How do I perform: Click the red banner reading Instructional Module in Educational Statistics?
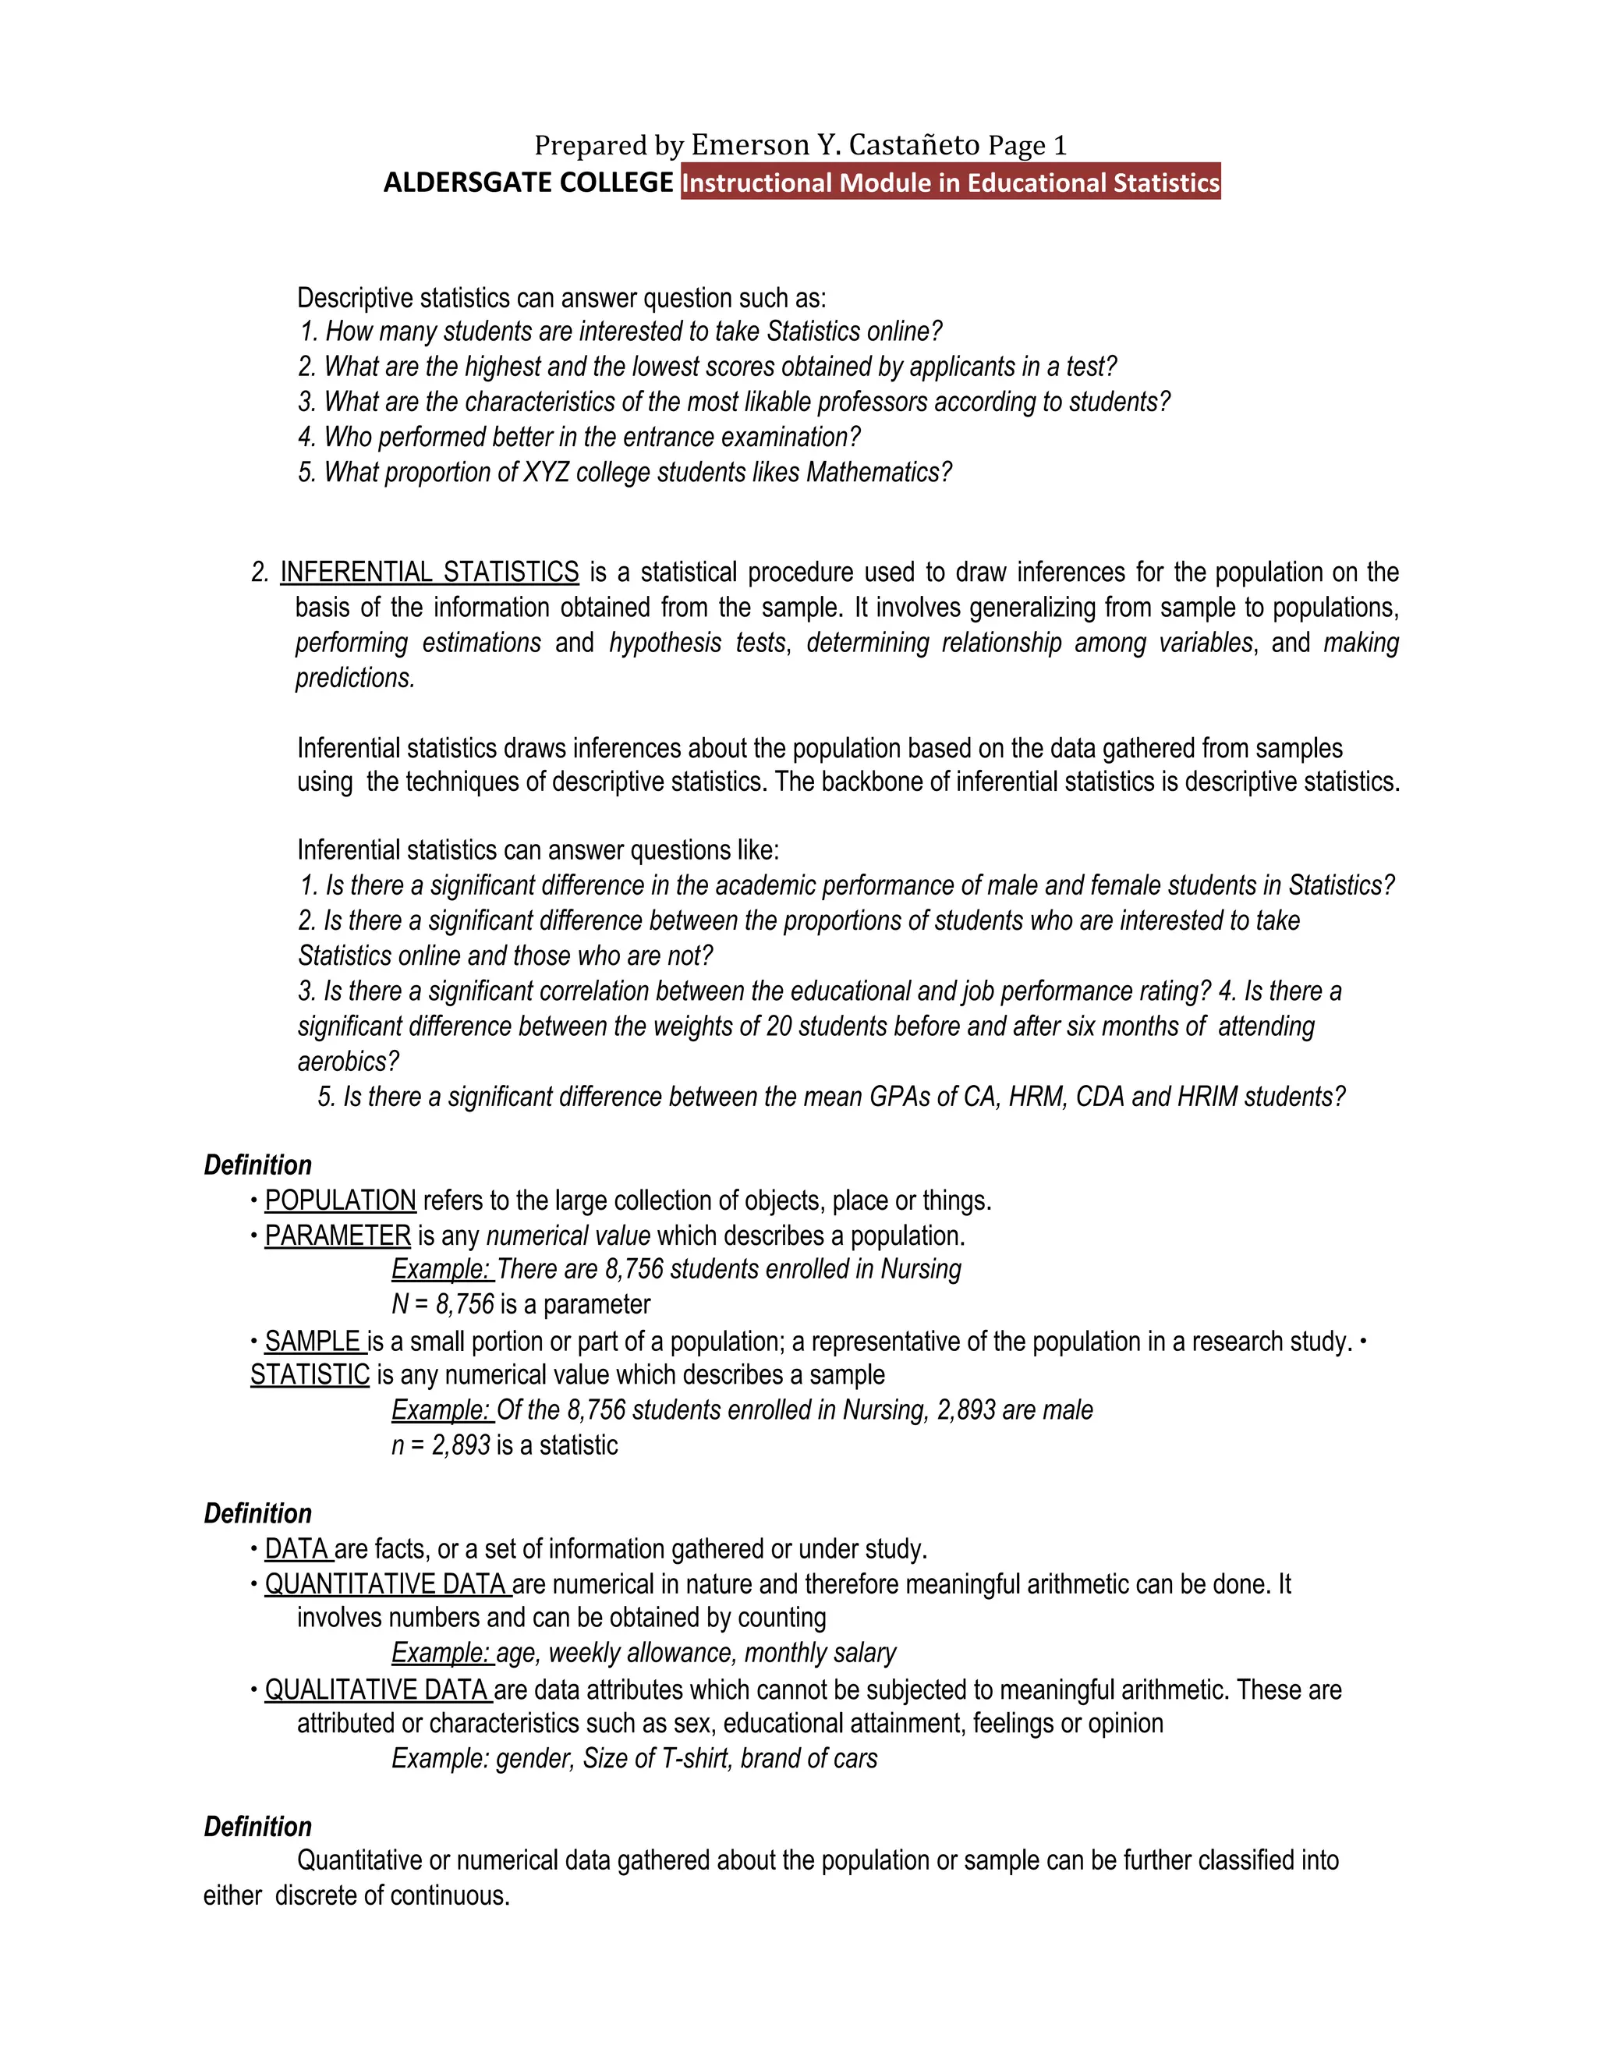pyautogui.click(x=950, y=182)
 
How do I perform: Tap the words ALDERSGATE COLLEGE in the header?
pyautogui.click(x=528, y=182)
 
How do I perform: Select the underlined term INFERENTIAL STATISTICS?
pyautogui.click(x=430, y=573)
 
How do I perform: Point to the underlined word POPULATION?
pyautogui.click(x=341, y=1200)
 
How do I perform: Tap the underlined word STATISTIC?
pyautogui.click(x=310, y=1374)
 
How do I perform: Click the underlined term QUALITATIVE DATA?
pyautogui.click(x=377, y=1689)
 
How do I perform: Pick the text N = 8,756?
pyautogui.click(x=443, y=1304)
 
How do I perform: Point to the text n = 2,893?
pyautogui.click(x=441, y=1445)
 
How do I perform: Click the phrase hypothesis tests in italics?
pyautogui.click(x=697, y=643)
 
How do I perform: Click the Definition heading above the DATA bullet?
pyautogui.click(x=257, y=1513)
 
